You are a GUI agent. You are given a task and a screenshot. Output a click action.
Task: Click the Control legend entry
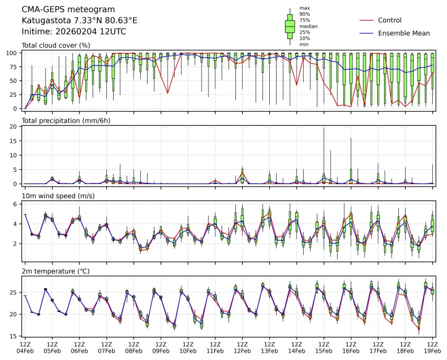coord(389,21)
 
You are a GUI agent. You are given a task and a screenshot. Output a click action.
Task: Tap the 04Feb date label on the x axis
coord(25,350)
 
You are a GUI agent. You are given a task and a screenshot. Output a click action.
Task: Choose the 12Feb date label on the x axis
coord(242,350)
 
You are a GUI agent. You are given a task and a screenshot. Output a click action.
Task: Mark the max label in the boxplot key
coord(304,8)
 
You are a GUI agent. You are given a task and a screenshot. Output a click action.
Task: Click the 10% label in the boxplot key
coord(304,38)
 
